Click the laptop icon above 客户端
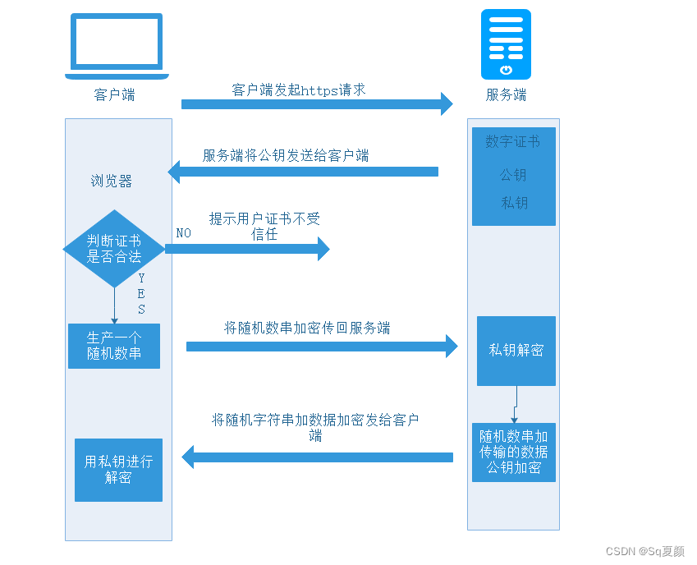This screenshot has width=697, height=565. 117,46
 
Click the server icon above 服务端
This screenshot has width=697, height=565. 506,44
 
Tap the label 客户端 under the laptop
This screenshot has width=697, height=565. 115,94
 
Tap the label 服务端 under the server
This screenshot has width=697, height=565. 506,94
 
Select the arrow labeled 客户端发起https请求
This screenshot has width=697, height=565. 317,103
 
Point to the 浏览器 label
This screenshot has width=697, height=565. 112,181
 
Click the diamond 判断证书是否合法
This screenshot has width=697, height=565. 114,248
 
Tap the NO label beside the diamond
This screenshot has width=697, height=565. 183,233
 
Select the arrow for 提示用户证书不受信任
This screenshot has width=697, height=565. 247,249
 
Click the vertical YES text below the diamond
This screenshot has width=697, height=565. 141,294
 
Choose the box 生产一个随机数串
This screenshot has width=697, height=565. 114,346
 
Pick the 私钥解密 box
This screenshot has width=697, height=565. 516,351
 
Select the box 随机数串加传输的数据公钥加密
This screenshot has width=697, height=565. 514,452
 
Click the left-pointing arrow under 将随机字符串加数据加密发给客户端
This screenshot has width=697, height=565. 317,457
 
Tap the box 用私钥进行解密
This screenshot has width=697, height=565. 118,469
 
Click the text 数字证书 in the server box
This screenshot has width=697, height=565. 513,142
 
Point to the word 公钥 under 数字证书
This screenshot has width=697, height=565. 513,175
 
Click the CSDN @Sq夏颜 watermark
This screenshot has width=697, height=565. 644,551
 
